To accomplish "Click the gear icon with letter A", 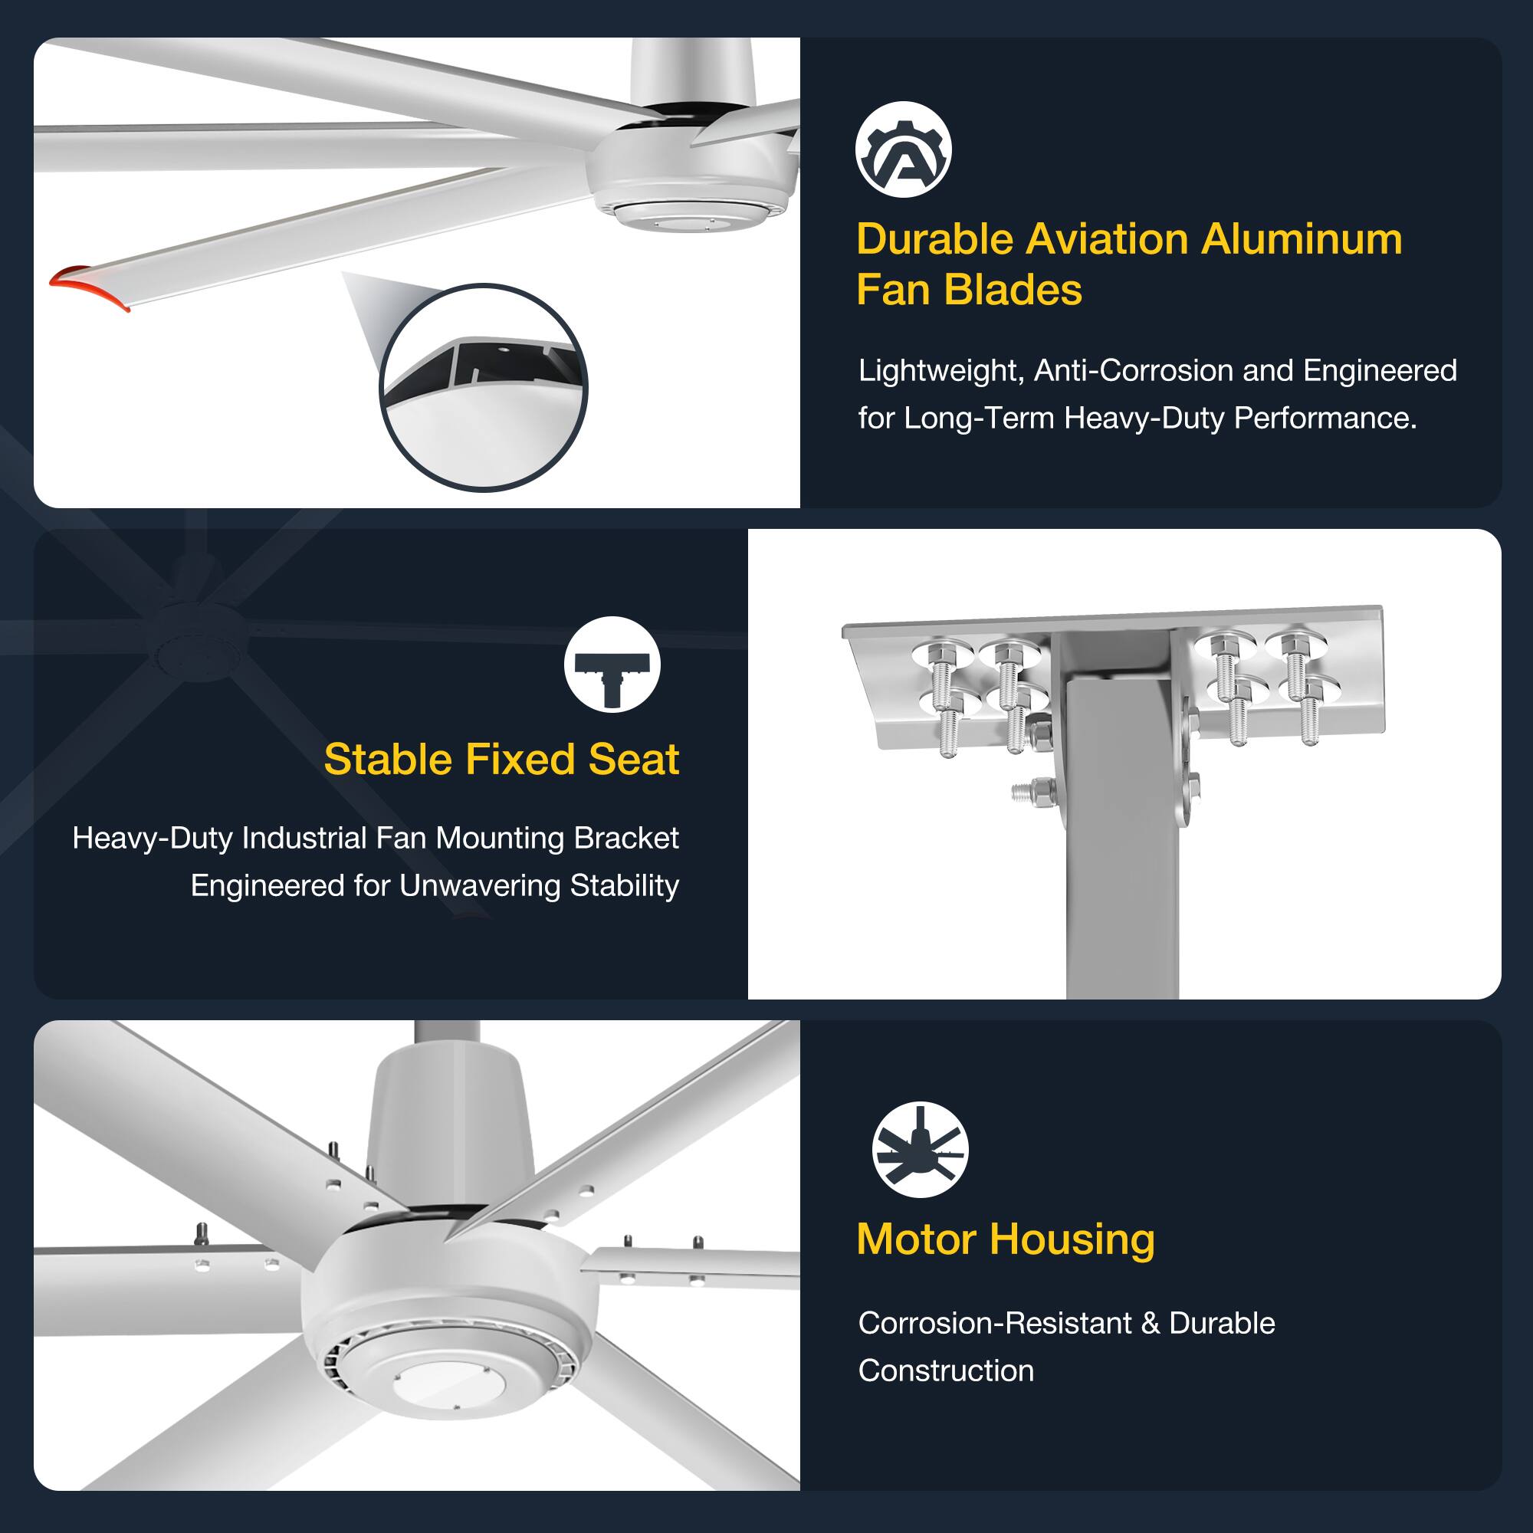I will point(903,150).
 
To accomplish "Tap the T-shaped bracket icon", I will point(612,665).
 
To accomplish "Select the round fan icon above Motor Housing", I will point(920,1150).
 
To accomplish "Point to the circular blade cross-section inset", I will point(483,387).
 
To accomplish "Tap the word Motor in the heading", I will point(916,1239).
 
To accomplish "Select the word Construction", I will point(946,1371).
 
